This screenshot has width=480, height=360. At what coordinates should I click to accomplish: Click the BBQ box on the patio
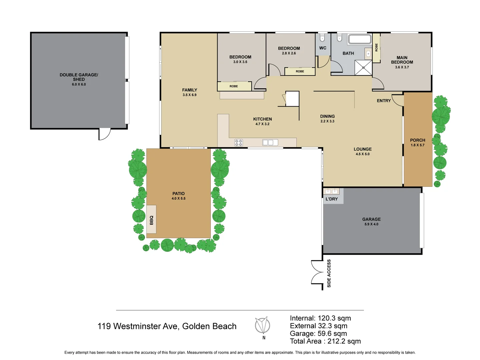tap(151, 220)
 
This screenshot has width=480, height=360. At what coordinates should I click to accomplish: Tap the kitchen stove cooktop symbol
tap(239, 143)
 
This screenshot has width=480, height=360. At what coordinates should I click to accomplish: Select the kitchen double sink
tap(270, 143)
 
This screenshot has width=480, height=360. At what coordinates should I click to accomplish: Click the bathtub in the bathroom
tap(359, 39)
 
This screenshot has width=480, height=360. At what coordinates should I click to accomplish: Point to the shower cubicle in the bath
tap(363, 68)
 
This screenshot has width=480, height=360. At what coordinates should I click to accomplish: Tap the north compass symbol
tap(263, 325)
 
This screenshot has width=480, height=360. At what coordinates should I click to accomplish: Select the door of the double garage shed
tap(105, 134)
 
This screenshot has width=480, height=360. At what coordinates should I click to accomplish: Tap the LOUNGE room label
tap(363, 149)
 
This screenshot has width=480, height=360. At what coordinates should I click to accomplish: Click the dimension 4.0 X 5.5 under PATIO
tap(178, 199)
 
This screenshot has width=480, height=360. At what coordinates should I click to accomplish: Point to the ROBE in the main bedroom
tap(376, 48)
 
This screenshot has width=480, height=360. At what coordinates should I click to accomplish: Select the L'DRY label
tap(332, 199)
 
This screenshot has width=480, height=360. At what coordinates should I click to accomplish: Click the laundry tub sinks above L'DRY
tap(331, 191)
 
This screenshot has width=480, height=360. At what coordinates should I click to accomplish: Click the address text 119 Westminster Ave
tap(167, 326)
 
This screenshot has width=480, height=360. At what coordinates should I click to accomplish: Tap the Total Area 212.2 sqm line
tap(325, 341)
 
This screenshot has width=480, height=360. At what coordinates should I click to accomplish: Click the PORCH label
tap(417, 140)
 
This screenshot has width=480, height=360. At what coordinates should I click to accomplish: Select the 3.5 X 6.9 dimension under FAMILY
tap(189, 95)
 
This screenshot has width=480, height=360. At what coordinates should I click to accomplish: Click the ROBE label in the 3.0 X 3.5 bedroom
tap(234, 86)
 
